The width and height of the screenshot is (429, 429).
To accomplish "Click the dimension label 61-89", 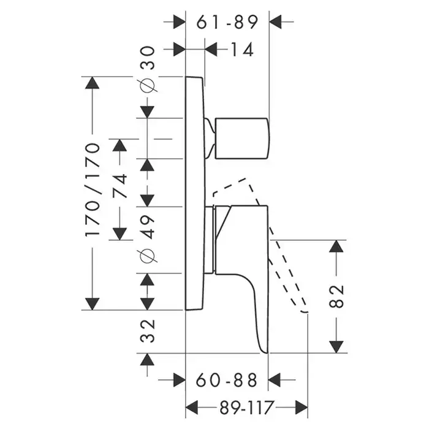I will (227, 22).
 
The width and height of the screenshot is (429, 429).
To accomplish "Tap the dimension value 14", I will (242, 50).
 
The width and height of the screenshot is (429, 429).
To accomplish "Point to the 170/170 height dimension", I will (92, 190).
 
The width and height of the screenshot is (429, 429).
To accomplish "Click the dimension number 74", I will (120, 187).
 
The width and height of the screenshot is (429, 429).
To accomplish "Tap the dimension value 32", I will (148, 330).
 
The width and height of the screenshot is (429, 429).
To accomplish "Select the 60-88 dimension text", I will (226, 381).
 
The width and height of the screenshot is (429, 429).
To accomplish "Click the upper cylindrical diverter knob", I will (242, 138).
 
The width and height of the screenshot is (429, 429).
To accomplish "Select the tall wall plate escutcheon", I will (194, 193).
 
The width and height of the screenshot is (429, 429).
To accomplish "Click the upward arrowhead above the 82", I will (336, 247).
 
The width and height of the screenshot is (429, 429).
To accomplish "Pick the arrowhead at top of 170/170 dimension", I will (92, 84).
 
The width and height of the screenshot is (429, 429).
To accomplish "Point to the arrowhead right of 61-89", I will (276, 22).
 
